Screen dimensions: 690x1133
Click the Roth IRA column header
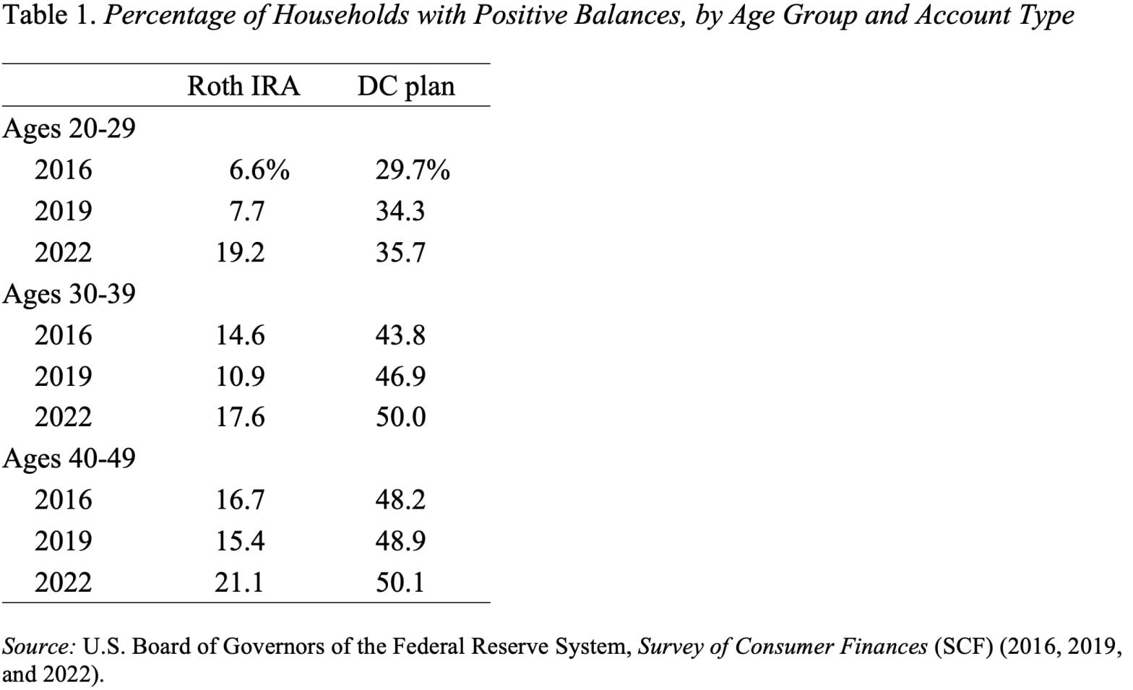pyautogui.click(x=243, y=86)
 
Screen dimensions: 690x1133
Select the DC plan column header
pyautogui.click(x=405, y=86)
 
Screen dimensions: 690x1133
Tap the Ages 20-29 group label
pyautogui.click(x=69, y=129)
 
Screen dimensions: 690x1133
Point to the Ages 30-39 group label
pyautogui.click(x=69, y=294)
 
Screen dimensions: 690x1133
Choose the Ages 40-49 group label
pyautogui.click(x=69, y=459)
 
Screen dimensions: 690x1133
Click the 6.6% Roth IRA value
pyautogui.click(x=259, y=171)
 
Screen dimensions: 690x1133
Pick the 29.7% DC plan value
pyautogui.click(x=412, y=171)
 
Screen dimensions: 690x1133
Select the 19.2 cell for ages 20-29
pyautogui.click(x=240, y=253)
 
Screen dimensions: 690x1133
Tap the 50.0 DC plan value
pyautogui.click(x=400, y=418)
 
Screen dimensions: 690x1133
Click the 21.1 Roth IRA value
pyautogui.click(x=239, y=582)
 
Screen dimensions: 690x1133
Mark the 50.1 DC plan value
pyautogui.click(x=400, y=582)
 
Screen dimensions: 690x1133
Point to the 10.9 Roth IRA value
pyautogui.click(x=240, y=376)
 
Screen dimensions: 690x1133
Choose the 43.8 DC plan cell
pyautogui.click(x=400, y=335)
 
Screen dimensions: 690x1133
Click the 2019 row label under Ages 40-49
pyautogui.click(x=64, y=541)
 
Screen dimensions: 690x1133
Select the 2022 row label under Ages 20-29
pyautogui.click(x=64, y=253)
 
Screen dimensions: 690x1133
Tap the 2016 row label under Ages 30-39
pyautogui.click(x=64, y=335)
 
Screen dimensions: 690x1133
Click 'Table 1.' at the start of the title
pyautogui.click(x=49, y=15)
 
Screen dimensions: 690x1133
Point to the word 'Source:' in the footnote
pyautogui.click(x=40, y=646)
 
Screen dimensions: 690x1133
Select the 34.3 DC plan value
pyautogui.click(x=400, y=212)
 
